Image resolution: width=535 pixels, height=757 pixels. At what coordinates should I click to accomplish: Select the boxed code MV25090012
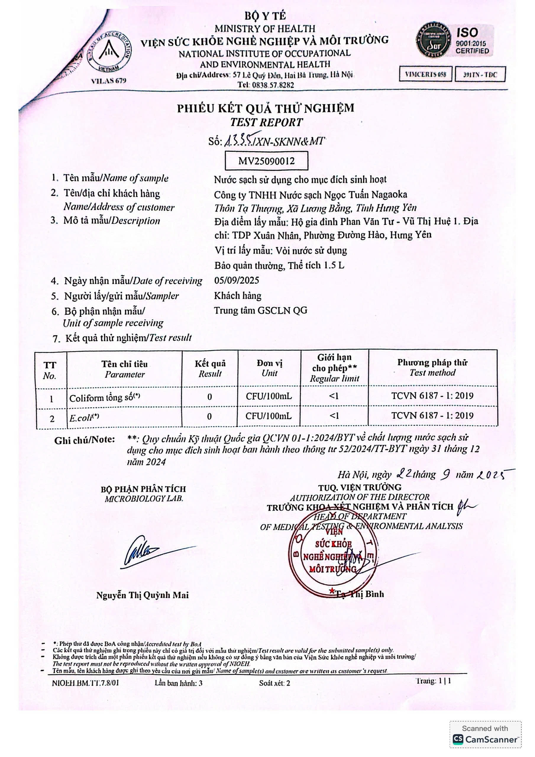[266, 161]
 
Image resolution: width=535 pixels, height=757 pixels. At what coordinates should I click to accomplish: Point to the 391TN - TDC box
[480, 75]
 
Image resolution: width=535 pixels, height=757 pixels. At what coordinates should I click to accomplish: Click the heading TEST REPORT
[266, 122]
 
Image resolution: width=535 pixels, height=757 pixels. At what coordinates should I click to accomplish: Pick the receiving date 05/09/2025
[237, 281]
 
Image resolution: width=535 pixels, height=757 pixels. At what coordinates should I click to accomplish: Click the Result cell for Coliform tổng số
[209, 397]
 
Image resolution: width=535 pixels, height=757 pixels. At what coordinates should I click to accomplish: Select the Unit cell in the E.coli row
[269, 416]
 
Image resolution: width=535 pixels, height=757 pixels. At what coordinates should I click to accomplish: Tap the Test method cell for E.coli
[432, 415]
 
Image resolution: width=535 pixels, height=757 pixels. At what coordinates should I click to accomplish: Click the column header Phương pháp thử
[432, 368]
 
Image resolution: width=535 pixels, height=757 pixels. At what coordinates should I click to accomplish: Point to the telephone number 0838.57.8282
[266, 85]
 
